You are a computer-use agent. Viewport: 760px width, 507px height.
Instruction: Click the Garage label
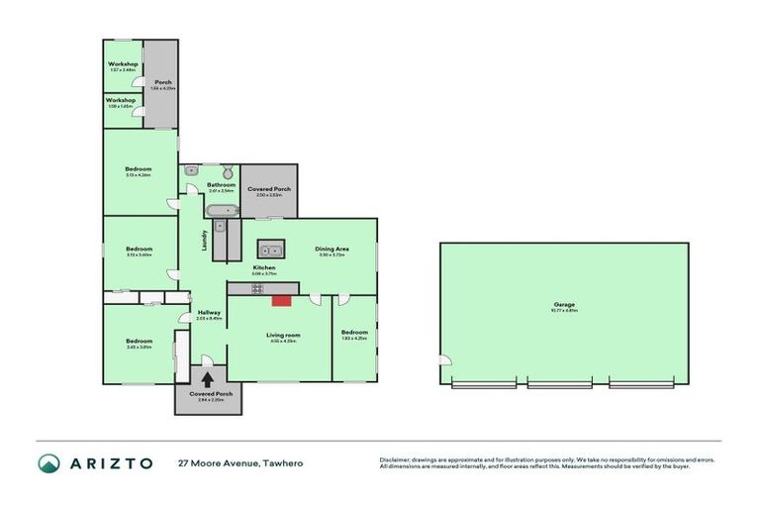tap(566, 304)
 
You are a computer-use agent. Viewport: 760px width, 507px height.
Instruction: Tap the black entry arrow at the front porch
tap(208, 377)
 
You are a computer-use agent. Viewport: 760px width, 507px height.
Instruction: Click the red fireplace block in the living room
tap(282, 299)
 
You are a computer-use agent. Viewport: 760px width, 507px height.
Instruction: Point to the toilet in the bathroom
tap(226, 170)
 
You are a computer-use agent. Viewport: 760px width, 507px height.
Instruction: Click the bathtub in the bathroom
tap(222, 210)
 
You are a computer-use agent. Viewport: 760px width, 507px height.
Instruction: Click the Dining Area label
tap(332, 249)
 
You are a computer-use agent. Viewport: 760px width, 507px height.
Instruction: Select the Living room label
tap(283, 335)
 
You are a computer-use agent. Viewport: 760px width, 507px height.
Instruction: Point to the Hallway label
tap(208, 313)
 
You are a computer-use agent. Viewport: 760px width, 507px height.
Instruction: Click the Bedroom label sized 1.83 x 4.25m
tap(353, 332)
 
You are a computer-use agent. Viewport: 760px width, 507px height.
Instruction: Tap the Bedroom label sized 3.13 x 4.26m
tap(139, 169)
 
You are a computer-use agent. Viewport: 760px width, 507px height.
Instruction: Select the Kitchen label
tap(263, 268)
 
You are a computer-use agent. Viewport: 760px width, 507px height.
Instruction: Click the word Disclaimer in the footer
tap(397, 459)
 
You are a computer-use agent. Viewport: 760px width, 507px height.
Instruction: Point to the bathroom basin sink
tap(191, 170)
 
